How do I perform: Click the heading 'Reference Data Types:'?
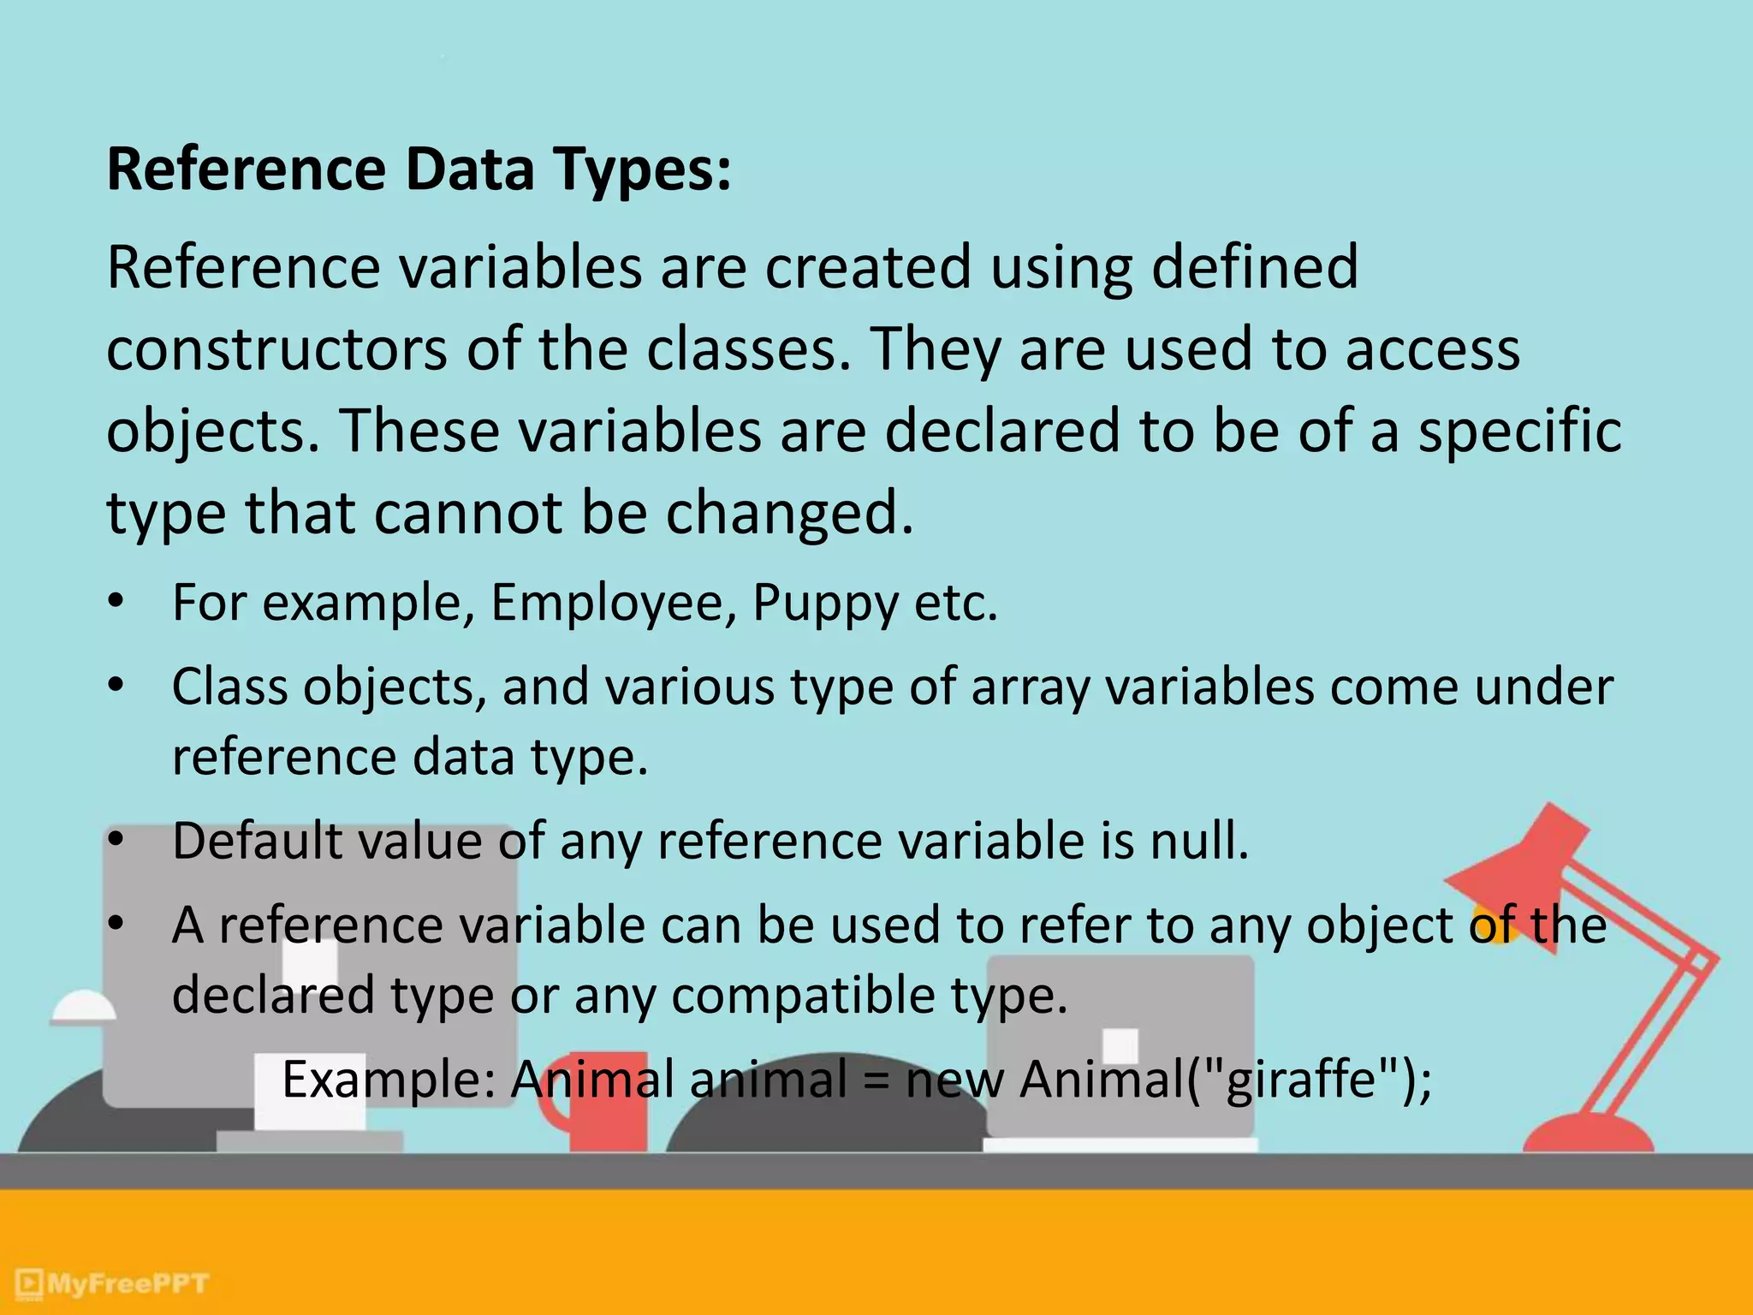click(419, 169)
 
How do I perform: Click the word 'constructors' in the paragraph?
click(276, 349)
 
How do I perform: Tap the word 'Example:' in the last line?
click(389, 1080)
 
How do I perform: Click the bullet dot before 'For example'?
click(116, 602)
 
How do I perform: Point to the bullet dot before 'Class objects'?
click(116, 686)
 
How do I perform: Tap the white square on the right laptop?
click(1120, 1045)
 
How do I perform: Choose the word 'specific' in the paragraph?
click(1519, 431)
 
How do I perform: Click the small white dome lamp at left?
click(83, 1007)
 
